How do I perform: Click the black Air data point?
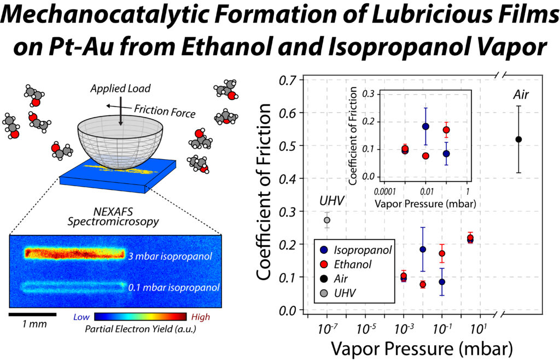click(x=518, y=139)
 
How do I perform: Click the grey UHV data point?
click(x=327, y=220)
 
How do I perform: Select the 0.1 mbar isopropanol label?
click(x=173, y=287)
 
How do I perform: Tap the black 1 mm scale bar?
click(x=32, y=315)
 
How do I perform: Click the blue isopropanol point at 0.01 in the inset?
click(x=425, y=126)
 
